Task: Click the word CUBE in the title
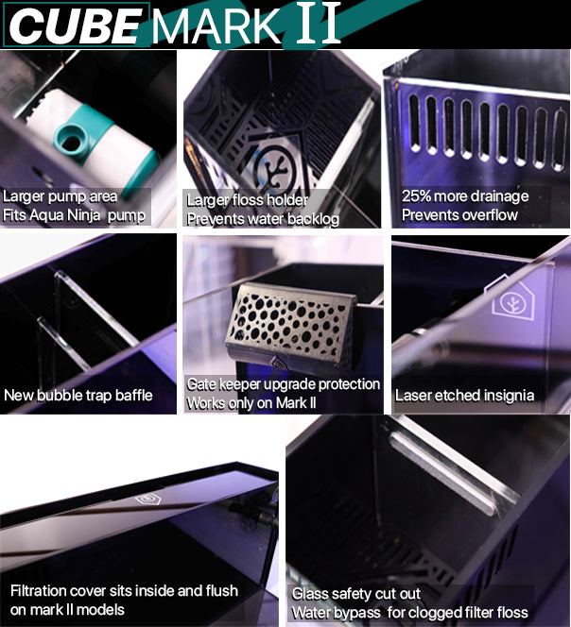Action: tap(76, 26)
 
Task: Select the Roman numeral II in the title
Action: tap(319, 24)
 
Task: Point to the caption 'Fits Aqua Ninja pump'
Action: tap(74, 215)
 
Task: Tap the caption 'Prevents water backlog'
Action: tap(263, 219)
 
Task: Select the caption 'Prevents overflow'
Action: tap(459, 215)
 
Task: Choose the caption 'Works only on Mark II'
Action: tap(251, 402)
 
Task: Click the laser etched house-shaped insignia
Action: tap(509, 297)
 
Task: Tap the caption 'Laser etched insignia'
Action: tap(464, 396)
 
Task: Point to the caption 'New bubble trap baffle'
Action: tap(78, 395)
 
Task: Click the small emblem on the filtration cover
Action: tap(147, 500)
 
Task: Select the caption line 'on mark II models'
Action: tap(67, 610)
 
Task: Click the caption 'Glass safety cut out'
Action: tap(356, 594)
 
